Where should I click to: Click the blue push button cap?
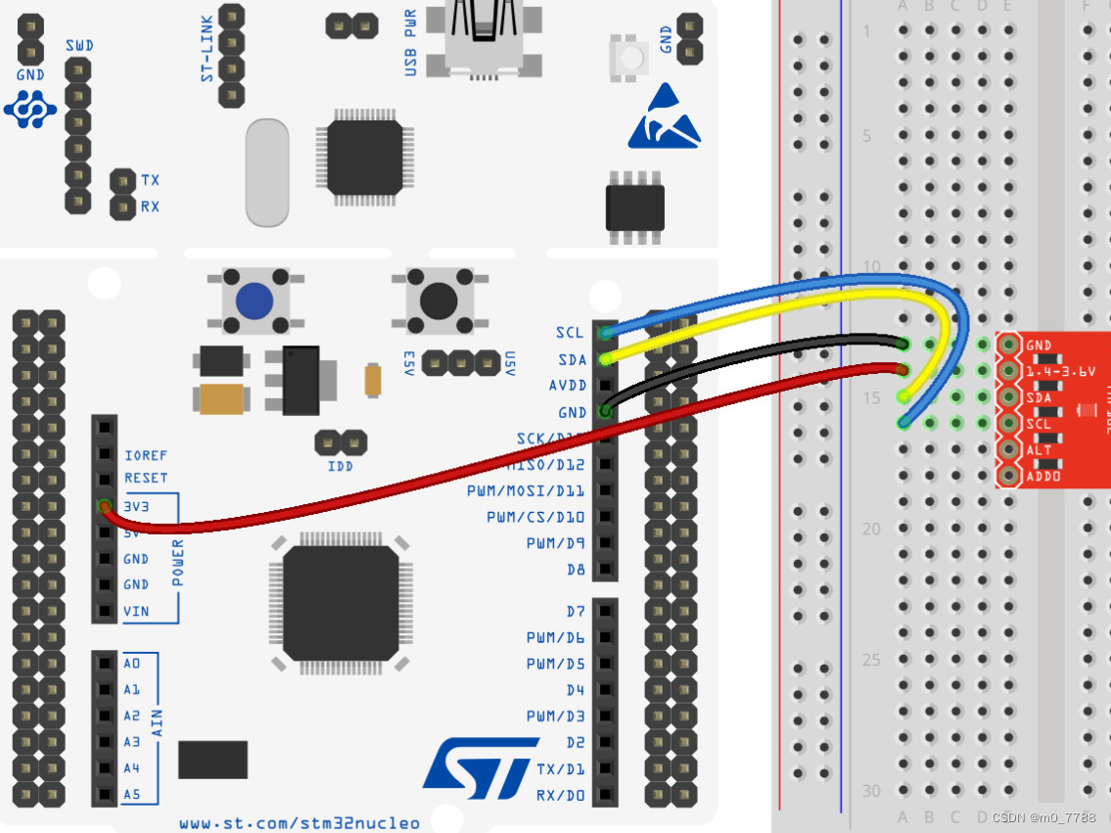click(x=254, y=301)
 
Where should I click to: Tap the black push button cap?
click(x=438, y=301)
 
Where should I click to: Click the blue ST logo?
click(x=481, y=763)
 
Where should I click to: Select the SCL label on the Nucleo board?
click(x=570, y=333)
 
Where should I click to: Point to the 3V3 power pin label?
click(x=137, y=506)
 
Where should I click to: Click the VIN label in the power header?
click(x=136, y=611)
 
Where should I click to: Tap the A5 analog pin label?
click(x=132, y=794)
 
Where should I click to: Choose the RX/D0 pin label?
click(x=560, y=795)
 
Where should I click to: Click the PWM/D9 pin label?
click(x=555, y=543)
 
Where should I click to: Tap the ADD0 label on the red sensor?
click(x=1039, y=476)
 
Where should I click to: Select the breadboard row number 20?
click(x=871, y=529)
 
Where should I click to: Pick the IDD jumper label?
click(x=341, y=466)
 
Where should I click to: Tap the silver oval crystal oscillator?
click(x=267, y=172)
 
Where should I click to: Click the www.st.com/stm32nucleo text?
click(x=300, y=823)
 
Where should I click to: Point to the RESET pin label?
click(x=146, y=479)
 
